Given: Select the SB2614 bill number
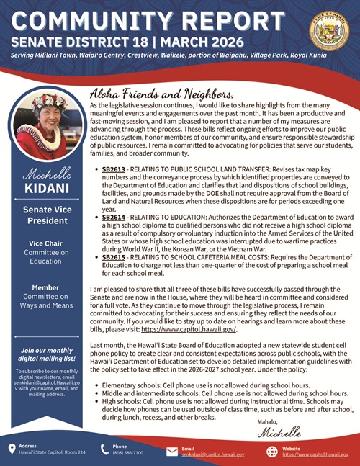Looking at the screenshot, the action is click(x=114, y=215).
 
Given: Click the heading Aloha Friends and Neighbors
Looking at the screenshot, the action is click(x=161, y=94).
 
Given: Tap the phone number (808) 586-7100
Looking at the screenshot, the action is click(x=127, y=453).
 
